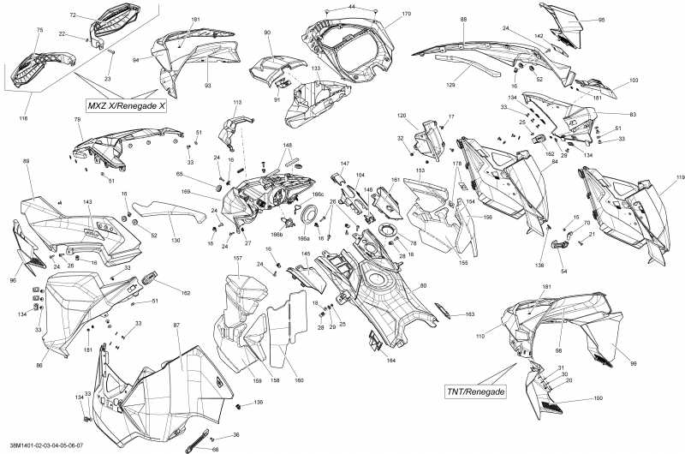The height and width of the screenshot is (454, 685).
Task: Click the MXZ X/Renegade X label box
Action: pyautogui.click(x=125, y=105)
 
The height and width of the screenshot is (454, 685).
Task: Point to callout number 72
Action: pyautogui.click(x=73, y=15)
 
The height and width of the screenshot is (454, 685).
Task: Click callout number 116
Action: pyautogui.click(x=24, y=117)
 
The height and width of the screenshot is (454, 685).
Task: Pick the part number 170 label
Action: pyautogui.click(x=406, y=15)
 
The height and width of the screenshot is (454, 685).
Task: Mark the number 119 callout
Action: pyautogui.click(x=680, y=178)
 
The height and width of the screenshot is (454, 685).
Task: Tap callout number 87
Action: pyautogui.click(x=176, y=326)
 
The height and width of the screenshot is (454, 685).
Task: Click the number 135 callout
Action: pyautogui.click(x=259, y=402)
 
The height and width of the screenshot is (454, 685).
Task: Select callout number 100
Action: pyautogui.click(x=598, y=399)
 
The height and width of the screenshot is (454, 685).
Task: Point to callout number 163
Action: pyautogui.click(x=470, y=314)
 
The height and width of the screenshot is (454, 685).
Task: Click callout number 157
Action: pyautogui.click(x=237, y=258)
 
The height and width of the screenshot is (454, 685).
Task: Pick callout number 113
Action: pyautogui.click(x=237, y=102)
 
